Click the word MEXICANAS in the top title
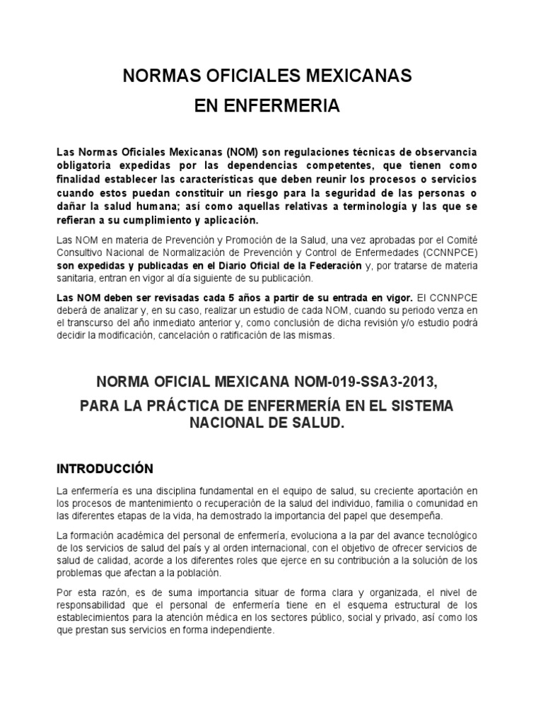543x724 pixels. (x=346, y=76)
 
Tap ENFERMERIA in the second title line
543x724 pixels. (x=281, y=107)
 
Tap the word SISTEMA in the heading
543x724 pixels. (x=421, y=407)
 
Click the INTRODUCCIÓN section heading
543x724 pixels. (x=105, y=468)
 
